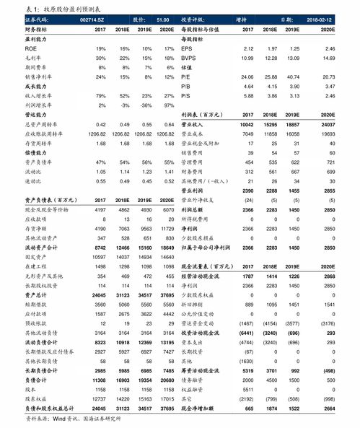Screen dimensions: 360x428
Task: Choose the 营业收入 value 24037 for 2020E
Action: click(328, 123)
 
